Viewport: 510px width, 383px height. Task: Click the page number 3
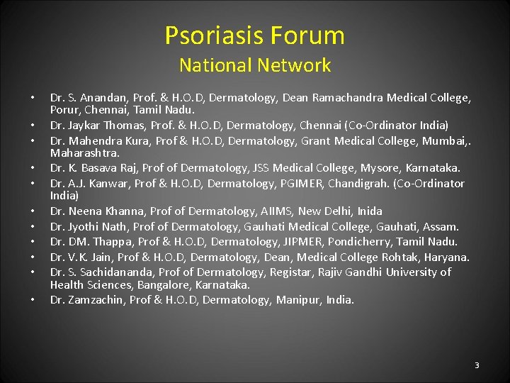[x=477, y=365]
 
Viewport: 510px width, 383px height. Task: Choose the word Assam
[x=442, y=227]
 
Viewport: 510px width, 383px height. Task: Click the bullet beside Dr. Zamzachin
[x=33, y=300]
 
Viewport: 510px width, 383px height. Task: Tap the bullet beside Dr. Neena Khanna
[x=33, y=211]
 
